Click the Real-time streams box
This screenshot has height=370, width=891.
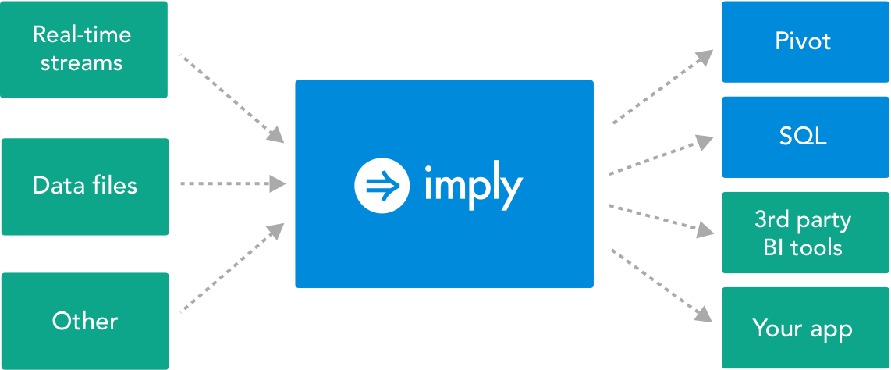pyautogui.click(x=83, y=49)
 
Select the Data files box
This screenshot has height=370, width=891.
pyautogui.click(x=85, y=187)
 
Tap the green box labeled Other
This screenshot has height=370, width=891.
pyautogui.click(x=85, y=321)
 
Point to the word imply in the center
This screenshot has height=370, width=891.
pyautogui.click(x=474, y=184)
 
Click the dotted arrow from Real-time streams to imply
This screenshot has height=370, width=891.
pyautogui.click(x=232, y=98)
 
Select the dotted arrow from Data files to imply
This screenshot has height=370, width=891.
pyautogui.click(x=233, y=183)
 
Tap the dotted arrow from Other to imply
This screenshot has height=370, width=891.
pyautogui.click(x=232, y=267)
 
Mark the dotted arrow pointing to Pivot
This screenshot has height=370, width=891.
pyautogui.click(x=662, y=86)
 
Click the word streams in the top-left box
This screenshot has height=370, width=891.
pyautogui.click(x=81, y=62)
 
